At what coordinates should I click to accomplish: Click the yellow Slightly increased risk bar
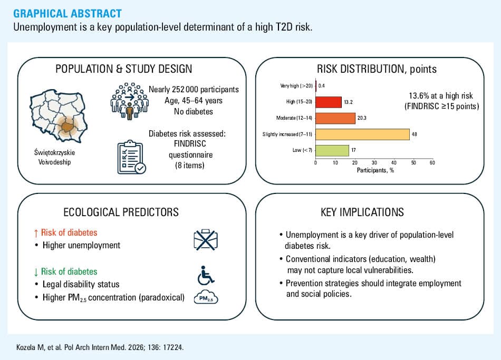pyautogui.click(x=363, y=134)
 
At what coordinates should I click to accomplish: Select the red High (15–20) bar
pyautogui.click(x=329, y=102)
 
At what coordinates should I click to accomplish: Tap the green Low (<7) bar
pyautogui.click(x=332, y=150)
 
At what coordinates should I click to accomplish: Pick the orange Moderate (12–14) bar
pyautogui.click(x=335, y=118)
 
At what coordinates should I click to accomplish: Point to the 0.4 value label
pyautogui.click(x=322, y=85)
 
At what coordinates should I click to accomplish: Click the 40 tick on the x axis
pyautogui.click(x=393, y=162)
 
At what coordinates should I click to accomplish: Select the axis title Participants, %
pyautogui.click(x=375, y=170)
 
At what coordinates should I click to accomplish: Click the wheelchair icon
pyautogui.click(x=206, y=276)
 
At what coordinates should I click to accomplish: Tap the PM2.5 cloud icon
pyautogui.click(x=206, y=297)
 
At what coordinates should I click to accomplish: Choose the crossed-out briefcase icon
pyautogui.click(x=206, y=240)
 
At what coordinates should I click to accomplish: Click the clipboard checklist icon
pyautogui.click(x=131, y=157)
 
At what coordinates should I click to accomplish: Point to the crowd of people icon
pyautogui.click(x=129, y=101)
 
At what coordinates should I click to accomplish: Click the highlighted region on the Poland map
pyautogui.click(x=68, y=127)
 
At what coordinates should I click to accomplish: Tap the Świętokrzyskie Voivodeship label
pyautogui.click(x=54, y=157)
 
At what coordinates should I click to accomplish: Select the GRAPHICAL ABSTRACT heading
pyautogui.click(x=68, y=14)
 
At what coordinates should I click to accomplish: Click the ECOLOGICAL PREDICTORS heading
pyautogui.click(x=121, y=212)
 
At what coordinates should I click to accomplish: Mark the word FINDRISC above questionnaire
pyautogui.click(x=190, y=144)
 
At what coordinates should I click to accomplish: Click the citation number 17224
pyautogui.click(x=173, y=347)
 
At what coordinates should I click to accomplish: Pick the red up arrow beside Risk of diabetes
pyautogui.click(x=36, y=233)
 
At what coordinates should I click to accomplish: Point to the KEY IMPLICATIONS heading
pyautogui.click(x=362, y=212)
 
